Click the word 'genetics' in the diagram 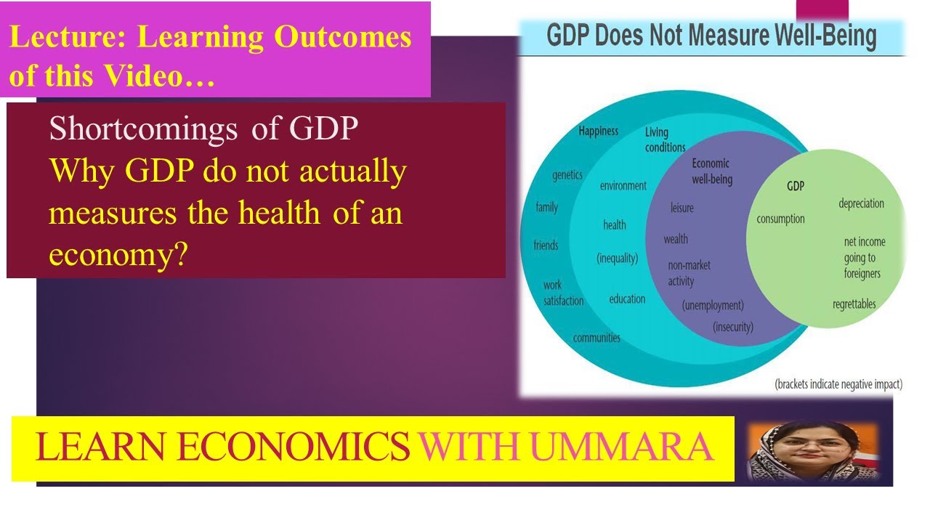567,175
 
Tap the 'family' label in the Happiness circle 546,208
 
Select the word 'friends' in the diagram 546,245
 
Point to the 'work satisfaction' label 563,293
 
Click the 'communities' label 597,338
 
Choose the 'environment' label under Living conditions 623,186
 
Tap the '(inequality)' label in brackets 617,258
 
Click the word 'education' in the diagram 627,299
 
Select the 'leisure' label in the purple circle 682,208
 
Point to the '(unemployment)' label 713,306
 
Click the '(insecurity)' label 733,327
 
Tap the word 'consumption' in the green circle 780,219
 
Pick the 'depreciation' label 861,203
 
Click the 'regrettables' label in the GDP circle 854,304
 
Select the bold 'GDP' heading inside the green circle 796,187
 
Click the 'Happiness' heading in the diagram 598,131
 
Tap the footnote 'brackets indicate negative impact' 838,384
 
